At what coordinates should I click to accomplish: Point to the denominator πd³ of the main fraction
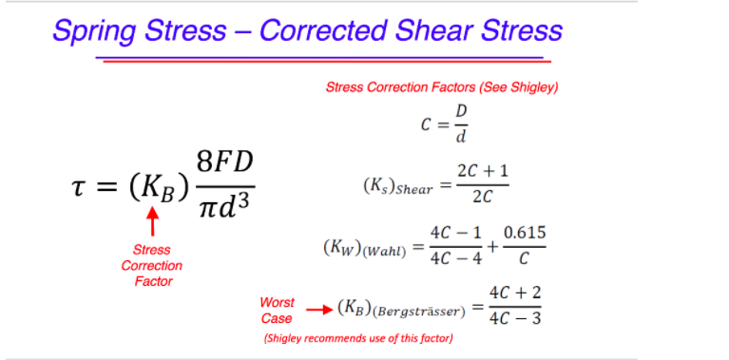coord(224,207)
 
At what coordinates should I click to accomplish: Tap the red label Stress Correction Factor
coord(152,265)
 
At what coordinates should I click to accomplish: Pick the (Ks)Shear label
coord(397,187)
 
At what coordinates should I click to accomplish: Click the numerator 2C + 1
coord(482,171)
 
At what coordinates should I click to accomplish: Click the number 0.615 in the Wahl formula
coord(525,233)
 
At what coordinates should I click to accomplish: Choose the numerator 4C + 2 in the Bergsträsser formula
coord(514,293)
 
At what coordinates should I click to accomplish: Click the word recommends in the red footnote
coord(347,338)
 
